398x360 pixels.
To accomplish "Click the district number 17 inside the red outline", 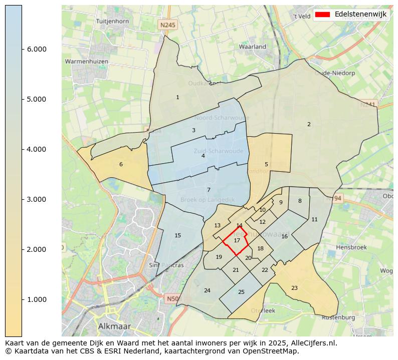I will tap(237, 241).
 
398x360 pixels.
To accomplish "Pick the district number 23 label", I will tap(294, 288).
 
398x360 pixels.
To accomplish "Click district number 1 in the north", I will tap(177, 97).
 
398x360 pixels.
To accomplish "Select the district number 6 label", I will tap(121, 164).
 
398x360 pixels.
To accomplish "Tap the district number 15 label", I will tap(177, 235).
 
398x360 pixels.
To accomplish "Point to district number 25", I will tap(241, 292).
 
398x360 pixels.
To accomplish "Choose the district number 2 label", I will tap(309, 124).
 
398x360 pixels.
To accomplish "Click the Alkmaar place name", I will tap(114, 326).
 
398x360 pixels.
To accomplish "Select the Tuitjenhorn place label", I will tap(112, 22).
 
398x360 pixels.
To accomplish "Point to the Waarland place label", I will tap(253, 47).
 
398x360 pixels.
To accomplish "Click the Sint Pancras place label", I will tap(166, 265).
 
